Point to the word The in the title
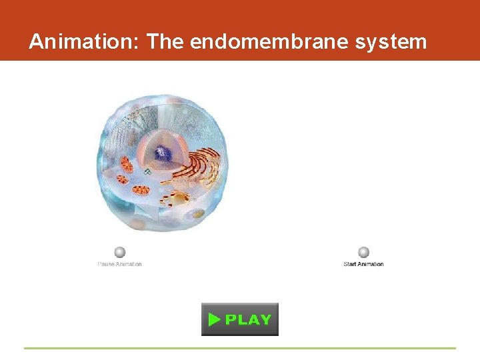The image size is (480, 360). click(165, 42)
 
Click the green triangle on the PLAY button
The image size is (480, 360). click(213, 319)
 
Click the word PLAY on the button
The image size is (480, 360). click(248, 319)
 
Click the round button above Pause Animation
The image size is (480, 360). click(120, 252)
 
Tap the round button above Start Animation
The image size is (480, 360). click(363, 252)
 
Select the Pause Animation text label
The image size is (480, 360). click(120, 264)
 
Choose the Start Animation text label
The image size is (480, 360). click(363, 264)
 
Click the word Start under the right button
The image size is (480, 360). click(351, 264)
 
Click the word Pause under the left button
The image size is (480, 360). click(107, 264)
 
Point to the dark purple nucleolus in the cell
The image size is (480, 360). click(160, 154)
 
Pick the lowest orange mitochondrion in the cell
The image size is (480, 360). click(141, 190)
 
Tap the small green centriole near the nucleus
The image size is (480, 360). click(147, 171)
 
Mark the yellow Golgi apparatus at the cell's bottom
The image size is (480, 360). click(176, 197)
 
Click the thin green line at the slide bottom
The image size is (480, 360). click(240, 347)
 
